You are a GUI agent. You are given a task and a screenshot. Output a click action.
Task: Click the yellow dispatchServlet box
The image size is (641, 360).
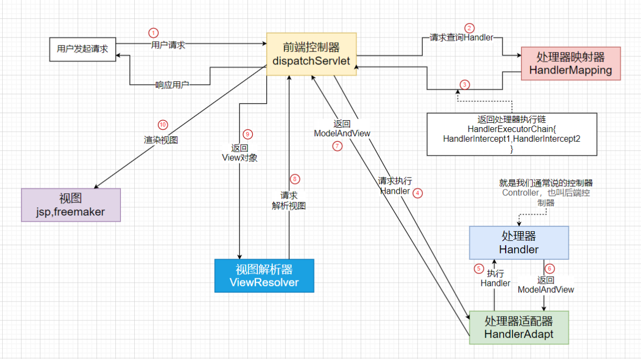311,54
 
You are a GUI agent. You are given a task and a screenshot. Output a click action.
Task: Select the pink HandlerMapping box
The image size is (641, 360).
570,63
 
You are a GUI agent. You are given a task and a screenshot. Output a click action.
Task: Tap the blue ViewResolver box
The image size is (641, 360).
264,276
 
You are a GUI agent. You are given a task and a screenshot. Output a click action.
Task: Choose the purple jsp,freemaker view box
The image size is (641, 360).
70,205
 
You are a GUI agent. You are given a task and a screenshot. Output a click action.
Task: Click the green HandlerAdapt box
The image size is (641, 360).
519,328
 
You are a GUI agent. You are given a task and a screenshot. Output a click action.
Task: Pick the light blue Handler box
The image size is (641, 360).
519,243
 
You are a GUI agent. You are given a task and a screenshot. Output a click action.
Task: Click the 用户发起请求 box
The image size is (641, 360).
82,49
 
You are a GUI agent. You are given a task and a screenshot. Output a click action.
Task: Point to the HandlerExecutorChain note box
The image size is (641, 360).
511,134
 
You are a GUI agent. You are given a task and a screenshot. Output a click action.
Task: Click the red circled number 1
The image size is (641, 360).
154,33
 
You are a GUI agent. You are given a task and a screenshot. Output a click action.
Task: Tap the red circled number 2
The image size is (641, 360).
469,28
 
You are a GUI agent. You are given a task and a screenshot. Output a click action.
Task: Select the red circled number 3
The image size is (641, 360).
465,84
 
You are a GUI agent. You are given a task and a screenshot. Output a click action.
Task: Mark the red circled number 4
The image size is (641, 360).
417,193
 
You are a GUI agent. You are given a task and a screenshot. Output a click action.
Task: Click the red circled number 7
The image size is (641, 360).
337,146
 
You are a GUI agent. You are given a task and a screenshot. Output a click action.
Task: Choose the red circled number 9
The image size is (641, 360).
248,134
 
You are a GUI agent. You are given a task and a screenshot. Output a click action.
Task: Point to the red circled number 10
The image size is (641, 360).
162,124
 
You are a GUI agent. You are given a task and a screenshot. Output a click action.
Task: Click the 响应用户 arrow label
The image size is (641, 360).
172,85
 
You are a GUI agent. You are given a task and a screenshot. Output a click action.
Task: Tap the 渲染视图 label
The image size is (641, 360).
161,139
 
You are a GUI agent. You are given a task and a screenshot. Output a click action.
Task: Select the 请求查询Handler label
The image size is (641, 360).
461,38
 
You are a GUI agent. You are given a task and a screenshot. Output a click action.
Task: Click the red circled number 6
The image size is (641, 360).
550,267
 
